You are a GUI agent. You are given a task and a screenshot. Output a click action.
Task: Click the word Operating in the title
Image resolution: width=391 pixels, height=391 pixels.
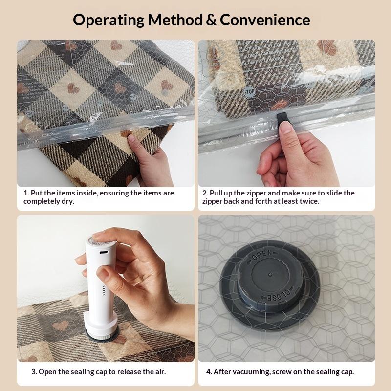pos(109,20)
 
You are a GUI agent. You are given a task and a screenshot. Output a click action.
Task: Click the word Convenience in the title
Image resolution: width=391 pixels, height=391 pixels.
pos(265,20)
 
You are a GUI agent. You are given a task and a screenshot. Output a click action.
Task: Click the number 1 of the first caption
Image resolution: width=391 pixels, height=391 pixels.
pos(25,193)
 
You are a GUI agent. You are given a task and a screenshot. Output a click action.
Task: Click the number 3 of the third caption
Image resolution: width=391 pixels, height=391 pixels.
pos(34,372)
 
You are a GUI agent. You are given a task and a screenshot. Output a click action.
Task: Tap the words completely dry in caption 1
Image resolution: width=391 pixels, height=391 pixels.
pos(49,201)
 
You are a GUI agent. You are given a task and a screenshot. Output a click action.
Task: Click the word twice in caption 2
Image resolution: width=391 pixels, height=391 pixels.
pos(309,201)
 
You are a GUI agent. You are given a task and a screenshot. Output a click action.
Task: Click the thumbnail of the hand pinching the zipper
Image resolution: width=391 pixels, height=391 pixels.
pos(286,113)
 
